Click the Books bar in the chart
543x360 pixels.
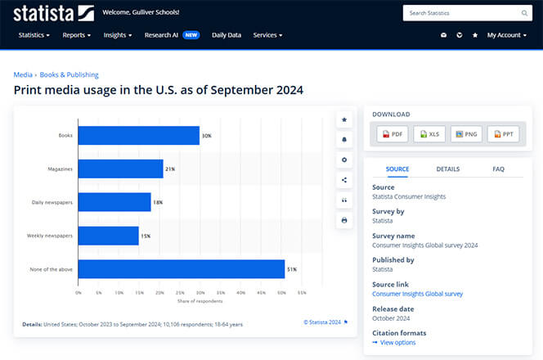[139, 136]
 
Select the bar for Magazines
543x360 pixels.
[121, 169]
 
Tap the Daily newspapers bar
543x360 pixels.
[114, 202]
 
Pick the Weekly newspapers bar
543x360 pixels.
[109, 236]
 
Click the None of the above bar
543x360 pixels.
[182, 269]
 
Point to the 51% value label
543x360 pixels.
[292, 269]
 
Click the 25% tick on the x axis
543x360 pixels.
[180, 292]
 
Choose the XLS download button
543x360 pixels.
[429, 134]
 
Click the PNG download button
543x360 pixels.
[466, 134]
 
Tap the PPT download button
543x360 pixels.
[503, 134]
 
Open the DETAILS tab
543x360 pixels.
[447, 169]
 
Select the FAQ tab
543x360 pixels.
[498, 169]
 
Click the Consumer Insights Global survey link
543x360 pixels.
[417, 294]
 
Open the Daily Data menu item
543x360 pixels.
[227, 35]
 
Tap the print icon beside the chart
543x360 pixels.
[344, 220]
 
